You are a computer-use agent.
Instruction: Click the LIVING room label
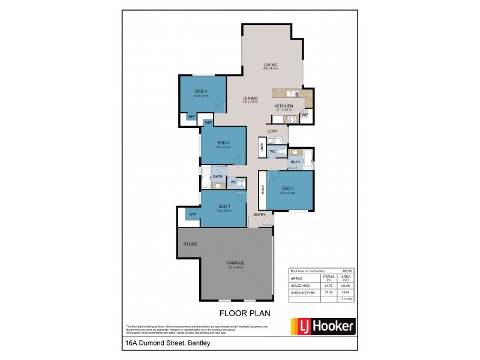271,64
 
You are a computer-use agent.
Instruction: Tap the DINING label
250,98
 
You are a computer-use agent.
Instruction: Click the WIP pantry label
305,115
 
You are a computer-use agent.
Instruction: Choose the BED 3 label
224,142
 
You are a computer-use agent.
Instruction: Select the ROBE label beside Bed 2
263,189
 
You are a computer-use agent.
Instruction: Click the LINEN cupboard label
262,146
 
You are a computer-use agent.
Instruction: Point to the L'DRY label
274,131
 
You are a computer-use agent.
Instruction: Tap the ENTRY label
260,215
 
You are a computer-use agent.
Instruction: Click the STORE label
190,244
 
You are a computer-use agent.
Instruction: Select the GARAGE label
236,263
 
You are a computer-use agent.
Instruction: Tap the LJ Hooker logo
323,326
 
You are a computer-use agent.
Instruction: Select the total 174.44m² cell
346,298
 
